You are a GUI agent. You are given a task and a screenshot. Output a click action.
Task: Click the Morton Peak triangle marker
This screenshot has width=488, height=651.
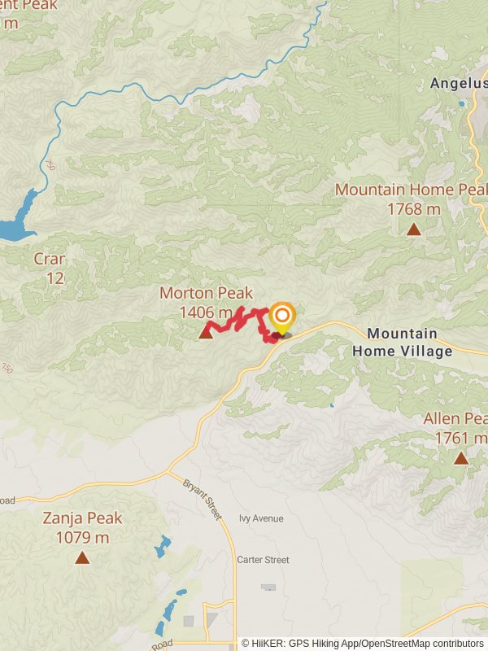[206, 331]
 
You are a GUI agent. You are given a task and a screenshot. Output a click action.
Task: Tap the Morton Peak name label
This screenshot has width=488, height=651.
[206, 293]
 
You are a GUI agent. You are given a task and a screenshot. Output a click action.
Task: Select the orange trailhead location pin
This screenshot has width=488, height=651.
[281, 317]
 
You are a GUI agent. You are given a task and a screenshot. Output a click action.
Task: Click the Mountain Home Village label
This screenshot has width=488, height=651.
[402, 343]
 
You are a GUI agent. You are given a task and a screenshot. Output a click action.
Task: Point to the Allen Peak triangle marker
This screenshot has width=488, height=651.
[461, 458]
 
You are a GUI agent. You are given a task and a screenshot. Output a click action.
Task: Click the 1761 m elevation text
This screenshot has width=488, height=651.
[460, 438]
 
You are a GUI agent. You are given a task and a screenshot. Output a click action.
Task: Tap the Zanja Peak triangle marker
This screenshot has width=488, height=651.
[82, 557]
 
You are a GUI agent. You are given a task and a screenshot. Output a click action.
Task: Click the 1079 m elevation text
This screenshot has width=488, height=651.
[83, 537]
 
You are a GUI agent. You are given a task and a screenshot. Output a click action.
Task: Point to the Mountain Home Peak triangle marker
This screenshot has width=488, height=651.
[414, 229]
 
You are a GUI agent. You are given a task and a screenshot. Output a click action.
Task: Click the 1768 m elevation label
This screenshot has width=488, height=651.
[414, 209]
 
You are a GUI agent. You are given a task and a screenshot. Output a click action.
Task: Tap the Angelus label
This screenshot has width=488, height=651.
[458, 83]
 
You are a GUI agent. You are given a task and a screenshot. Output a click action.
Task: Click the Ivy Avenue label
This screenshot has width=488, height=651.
[261, 518]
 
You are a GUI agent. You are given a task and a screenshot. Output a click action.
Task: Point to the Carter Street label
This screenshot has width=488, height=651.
[263, 560]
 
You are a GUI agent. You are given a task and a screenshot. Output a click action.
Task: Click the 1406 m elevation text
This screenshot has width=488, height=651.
[206, 312]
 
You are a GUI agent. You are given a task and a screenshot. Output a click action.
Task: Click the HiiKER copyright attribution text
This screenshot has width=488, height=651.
[362, 644]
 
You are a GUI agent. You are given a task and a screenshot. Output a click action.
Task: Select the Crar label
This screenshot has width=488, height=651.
[49, 260]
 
